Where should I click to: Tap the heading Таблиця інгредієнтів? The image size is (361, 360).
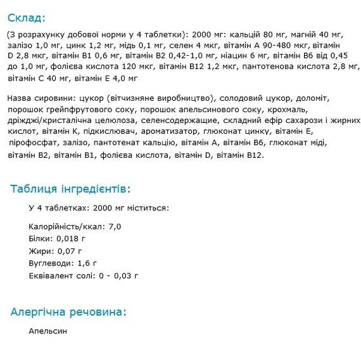[70, 189]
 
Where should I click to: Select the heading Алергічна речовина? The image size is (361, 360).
[68, 312]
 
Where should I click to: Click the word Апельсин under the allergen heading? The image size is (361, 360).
[47, 331]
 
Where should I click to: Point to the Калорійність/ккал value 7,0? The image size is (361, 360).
[115, 226]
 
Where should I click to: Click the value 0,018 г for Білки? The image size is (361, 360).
[70, 239]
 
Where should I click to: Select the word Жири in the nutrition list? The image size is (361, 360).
[40, 251]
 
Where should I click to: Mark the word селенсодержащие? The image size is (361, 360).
[182, 121]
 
